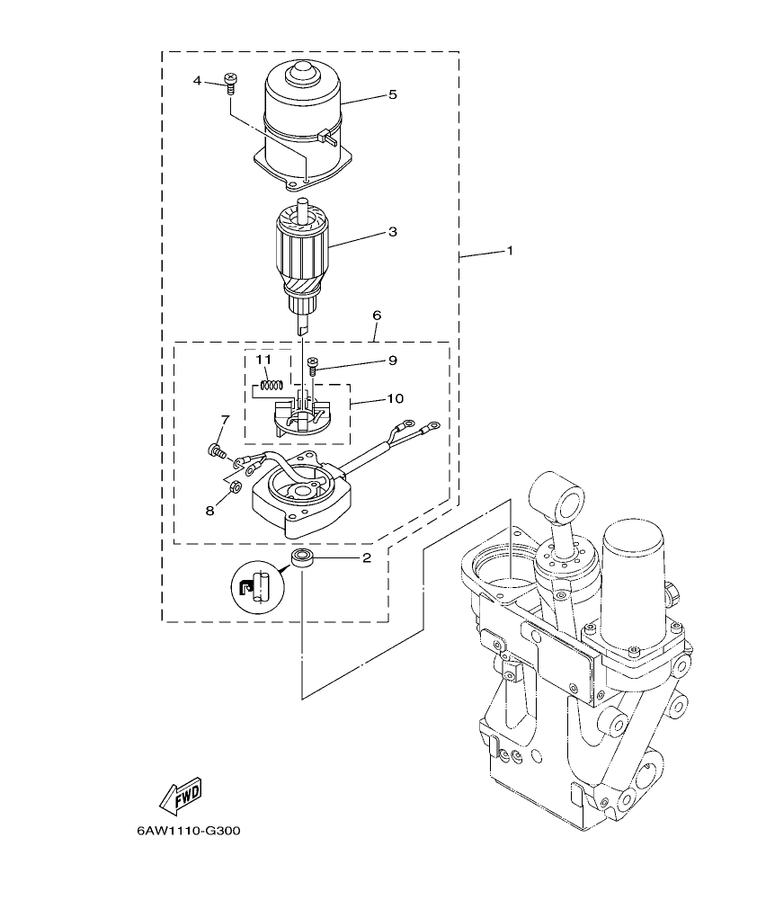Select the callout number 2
coord(366,558)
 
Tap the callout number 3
coord(391,232)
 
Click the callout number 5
coord(392,94)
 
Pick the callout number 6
coord(376,316)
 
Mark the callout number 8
coord(209,510)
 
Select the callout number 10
coord(395,397)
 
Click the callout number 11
coord(263,360)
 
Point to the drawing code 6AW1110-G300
coord(189,831)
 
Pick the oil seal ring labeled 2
coord(302,559)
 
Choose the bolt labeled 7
coord(217,450)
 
